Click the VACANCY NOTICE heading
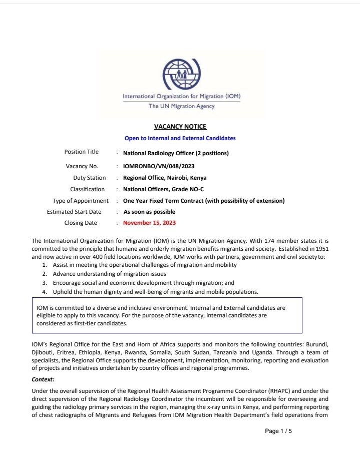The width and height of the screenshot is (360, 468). tap(180, 127)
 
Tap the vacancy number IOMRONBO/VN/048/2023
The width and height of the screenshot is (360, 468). tap(158, 166)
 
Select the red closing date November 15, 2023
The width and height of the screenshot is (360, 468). tap(149, 223)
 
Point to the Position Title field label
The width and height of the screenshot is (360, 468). tap(82, 152)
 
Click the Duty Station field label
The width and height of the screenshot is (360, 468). tap(90, 178)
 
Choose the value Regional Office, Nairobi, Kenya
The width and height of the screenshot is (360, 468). tap(165, 178)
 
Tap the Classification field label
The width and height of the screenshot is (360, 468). tap(88, 189)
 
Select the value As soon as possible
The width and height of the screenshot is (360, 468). tap(149, 212)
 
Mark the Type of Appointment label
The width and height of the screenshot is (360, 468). tap(81, 201)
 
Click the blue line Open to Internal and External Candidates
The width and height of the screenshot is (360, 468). tap(180, 138)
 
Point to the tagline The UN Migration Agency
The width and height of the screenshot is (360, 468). tap(182, 106)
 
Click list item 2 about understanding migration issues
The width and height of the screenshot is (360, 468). tap(109, 274)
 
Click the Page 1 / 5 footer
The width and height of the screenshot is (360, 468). tap(278, 431)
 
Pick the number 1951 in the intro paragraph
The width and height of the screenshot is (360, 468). tap(320, 249)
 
